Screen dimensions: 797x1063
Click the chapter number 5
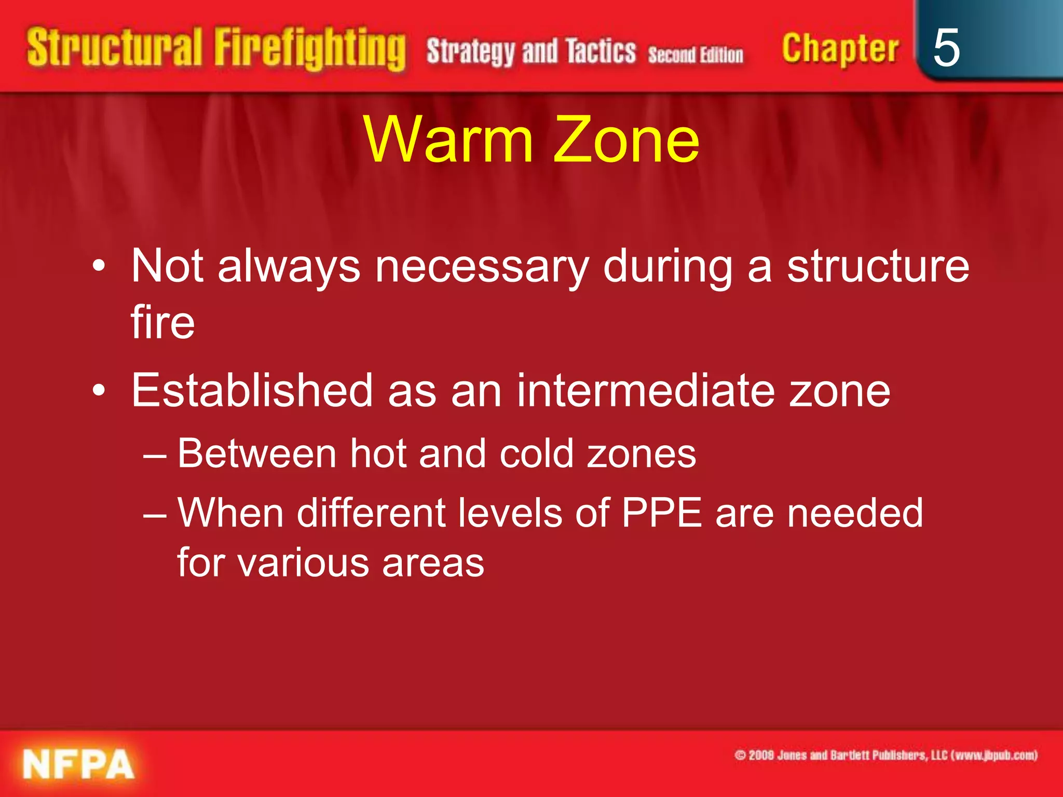click(946, 48)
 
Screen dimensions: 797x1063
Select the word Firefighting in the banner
click(310, 50)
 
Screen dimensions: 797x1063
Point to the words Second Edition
click(696, 55)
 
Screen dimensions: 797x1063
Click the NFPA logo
click(78, 764)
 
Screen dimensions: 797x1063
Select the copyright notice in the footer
click(885, 755)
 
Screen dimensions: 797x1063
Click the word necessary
click(482, 267)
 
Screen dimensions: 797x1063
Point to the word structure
click(878, 267)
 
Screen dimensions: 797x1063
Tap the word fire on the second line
click(162, 323)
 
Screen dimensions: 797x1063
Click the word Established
click(252, 391)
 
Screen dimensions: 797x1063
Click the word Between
click(257, 454)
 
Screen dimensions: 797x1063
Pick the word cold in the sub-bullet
click(536, 454)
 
